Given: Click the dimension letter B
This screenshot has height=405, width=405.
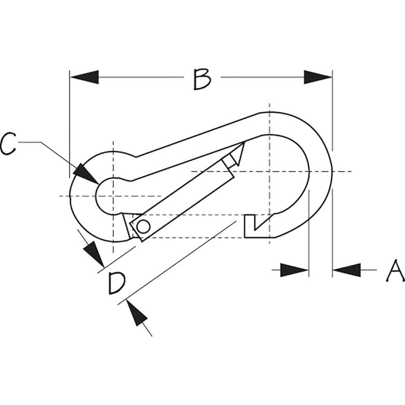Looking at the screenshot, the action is (202, 79).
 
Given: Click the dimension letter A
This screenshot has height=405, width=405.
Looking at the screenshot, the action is (395, 271).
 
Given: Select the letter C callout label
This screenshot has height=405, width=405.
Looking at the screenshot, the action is (8, 144).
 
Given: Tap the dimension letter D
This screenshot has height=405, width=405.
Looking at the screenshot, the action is (117, 283).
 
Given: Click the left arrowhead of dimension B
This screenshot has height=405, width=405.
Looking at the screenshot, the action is (85, 77).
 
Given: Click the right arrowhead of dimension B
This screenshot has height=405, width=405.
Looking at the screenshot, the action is (318, 77).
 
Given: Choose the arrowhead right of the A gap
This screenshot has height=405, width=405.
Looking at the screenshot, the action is (346, 270).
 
